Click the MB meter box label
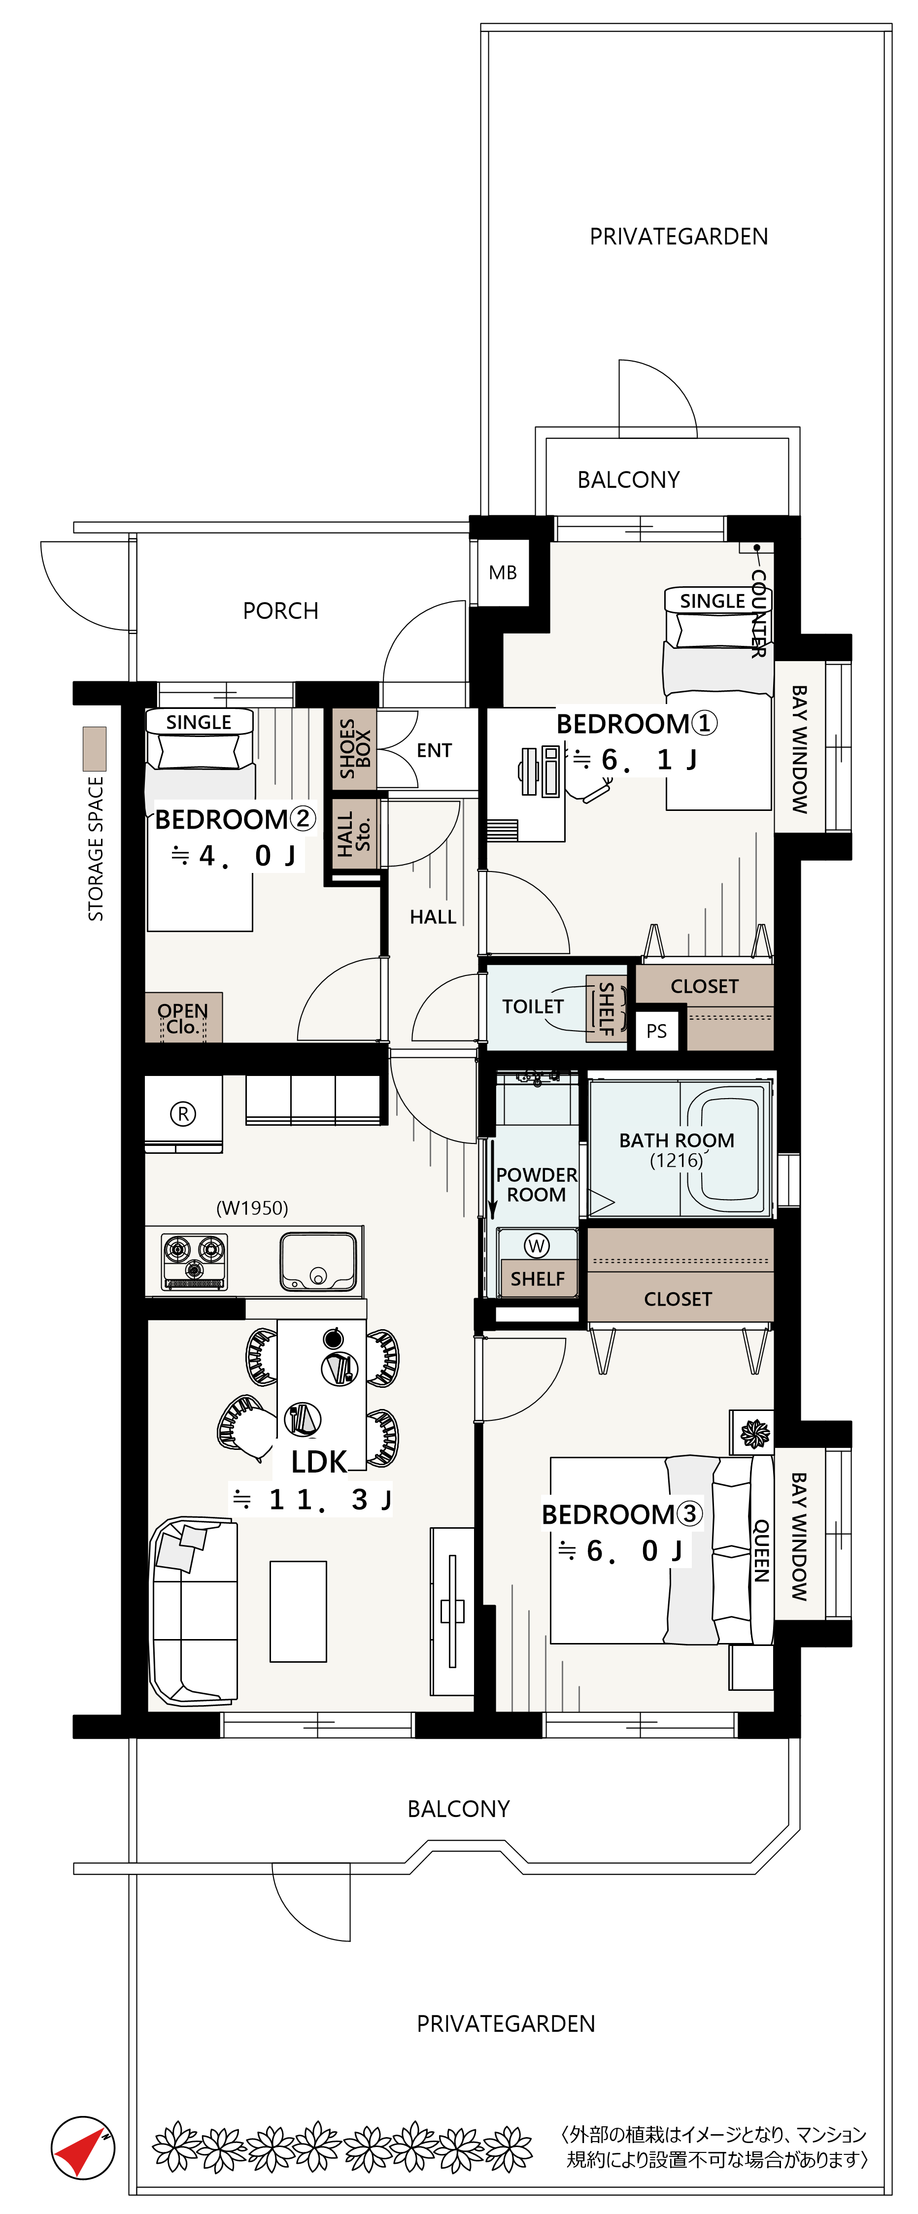coord(503,572)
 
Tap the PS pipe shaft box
coord(657,1031)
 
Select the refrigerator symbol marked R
coord(182,1114)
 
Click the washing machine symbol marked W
coord(537,1245)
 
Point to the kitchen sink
coord(317,1262)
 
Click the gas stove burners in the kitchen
coord(195,1261)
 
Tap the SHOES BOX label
coord(355,749)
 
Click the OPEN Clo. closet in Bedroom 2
coord(183,1018)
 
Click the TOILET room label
coord(533,1006)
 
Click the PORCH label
coord(280,611)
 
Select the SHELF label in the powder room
coord(537,1279)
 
